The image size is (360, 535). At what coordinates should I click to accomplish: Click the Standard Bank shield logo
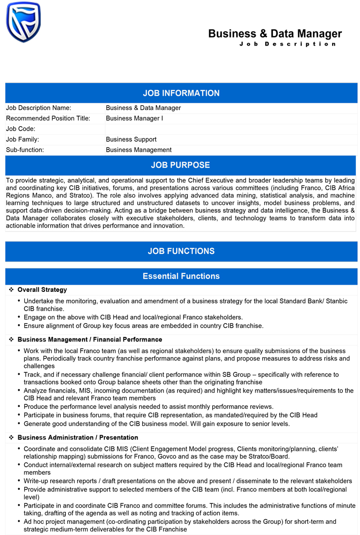pos(23,22)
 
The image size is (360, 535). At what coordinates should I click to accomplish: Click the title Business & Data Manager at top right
pos(275,34)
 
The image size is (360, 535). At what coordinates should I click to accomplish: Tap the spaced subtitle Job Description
pos(288,44)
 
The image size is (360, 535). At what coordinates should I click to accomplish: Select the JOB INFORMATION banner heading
pos(181,93)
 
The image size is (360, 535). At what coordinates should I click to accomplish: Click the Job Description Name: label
pos(38,108)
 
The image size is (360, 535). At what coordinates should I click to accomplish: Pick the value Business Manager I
pos(134,119)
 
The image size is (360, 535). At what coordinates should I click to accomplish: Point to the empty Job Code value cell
pos(230,129)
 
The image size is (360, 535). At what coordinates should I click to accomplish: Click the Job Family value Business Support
pos(131,139)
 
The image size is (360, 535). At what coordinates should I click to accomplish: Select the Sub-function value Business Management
pos(139,150)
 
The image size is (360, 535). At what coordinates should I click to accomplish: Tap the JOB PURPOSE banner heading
pos(180,165)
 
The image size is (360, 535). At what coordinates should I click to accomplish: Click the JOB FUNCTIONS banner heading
pos(181,251)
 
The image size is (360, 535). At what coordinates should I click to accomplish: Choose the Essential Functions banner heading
pos(181,276)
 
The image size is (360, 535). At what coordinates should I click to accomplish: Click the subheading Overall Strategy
pos(42,290)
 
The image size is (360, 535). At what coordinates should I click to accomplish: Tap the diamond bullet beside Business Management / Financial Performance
pos(11,339)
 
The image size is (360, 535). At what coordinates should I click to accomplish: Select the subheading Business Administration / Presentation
pos(77,437)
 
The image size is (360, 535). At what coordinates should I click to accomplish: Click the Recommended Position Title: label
pos(48,119)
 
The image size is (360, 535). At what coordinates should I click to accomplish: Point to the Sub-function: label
pos(25,150)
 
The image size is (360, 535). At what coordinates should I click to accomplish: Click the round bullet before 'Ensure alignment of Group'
pos(19,326)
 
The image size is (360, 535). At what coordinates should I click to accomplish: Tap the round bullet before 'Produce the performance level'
pos(19,406)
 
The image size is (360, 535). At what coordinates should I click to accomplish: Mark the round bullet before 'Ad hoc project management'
pos(19,521)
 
